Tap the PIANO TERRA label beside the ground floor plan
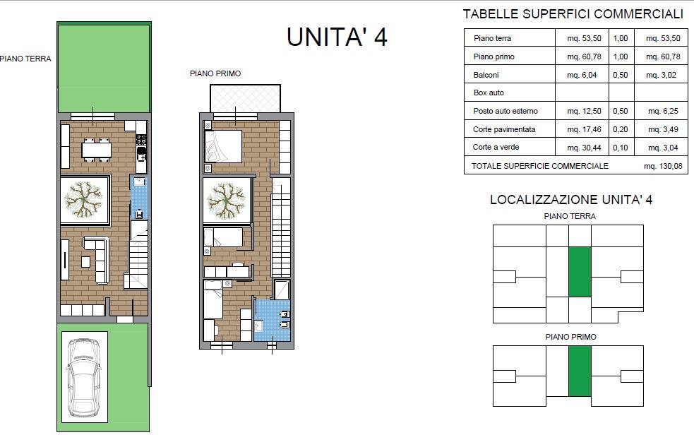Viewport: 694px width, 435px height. coord(25,59)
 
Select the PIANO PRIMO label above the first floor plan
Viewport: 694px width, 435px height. coord(215,73)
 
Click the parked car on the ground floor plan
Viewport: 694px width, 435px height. coord(83,377)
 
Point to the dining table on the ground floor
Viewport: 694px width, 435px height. coord(97,150)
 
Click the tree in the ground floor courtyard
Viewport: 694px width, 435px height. coord(83,200)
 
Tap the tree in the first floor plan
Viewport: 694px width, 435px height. coord(226,201)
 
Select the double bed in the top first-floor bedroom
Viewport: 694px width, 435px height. coord(223,146)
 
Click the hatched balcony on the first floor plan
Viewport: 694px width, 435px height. coord(245,98)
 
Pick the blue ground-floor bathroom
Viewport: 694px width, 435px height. coord(139,197)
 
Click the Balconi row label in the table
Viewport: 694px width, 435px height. coord(486,75)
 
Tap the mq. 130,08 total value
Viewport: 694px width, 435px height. coord(663,166)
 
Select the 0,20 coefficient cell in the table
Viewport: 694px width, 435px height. coord(621,129)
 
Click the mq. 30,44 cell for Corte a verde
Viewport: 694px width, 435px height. coord(584,148)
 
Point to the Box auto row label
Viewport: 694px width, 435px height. coord(489,93)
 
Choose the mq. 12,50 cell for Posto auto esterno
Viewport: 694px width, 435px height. coord(584,111)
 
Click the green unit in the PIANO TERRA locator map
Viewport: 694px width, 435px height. coord(580,272)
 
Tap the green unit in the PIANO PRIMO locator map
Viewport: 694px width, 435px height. coord(580,371)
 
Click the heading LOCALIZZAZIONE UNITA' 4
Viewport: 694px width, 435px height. coord(571,199)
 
